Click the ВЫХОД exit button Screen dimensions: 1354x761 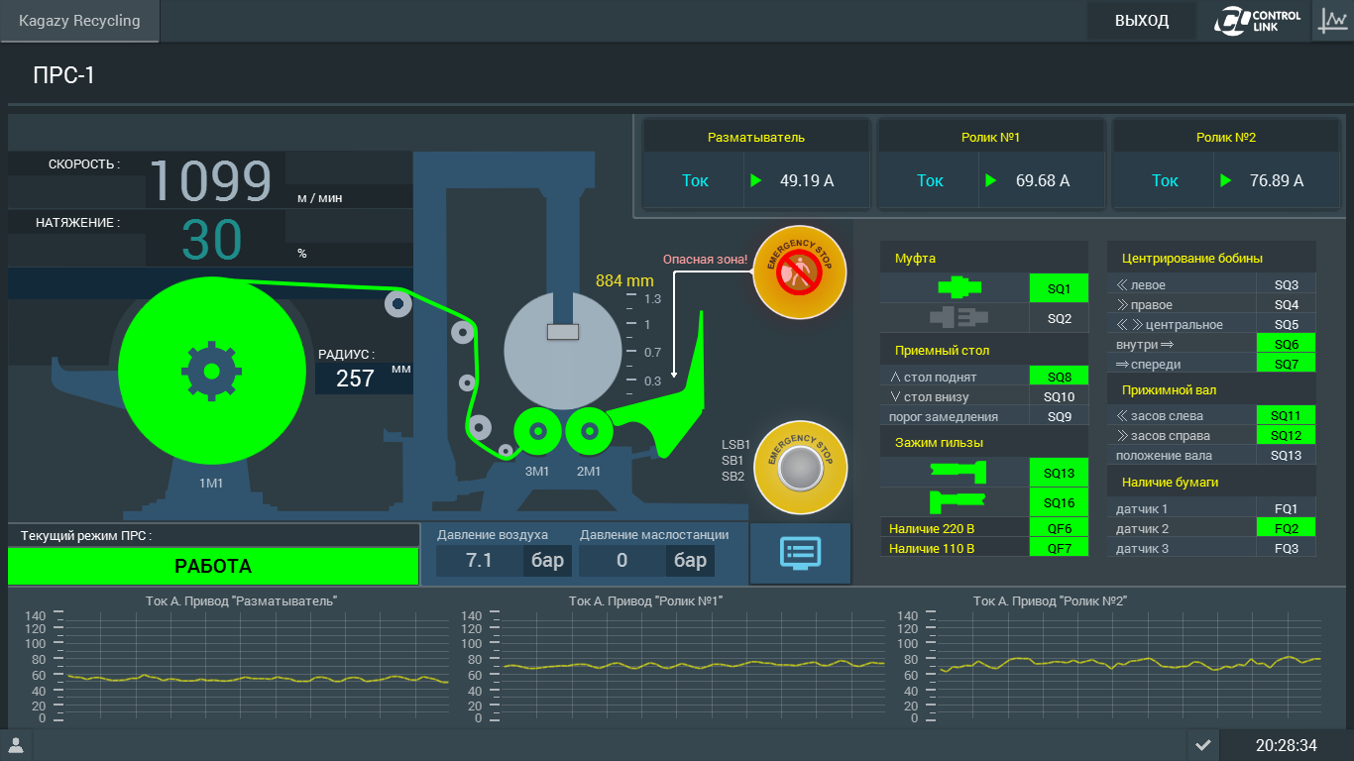point(1141,21)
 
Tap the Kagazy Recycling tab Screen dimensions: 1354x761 point(79,21)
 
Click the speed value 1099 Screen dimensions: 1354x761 point(210,180)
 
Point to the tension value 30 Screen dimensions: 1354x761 point(211,240)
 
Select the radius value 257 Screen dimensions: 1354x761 point(355,379)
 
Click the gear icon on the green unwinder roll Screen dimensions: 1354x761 point(211,372)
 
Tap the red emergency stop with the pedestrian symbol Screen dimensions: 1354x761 point(799,272)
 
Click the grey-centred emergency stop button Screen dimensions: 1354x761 point(800,468)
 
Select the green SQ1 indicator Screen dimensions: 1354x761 point(1059,288)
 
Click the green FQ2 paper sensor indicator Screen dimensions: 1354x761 point(1286,528)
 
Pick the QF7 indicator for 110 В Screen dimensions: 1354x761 point(1059,548)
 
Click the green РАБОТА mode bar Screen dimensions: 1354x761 point(213,566)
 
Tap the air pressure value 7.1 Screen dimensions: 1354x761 point(479,560)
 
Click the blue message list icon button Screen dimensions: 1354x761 point(800,553)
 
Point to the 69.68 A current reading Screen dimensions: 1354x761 point(1042,180)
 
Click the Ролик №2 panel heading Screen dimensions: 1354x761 point(1226,137)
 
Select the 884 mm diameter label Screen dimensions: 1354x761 point(624,280)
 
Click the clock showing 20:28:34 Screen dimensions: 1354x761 point(1286,745)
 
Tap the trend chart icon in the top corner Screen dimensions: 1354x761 point(1333,21)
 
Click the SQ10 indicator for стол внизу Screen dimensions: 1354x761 point(1059,396)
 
